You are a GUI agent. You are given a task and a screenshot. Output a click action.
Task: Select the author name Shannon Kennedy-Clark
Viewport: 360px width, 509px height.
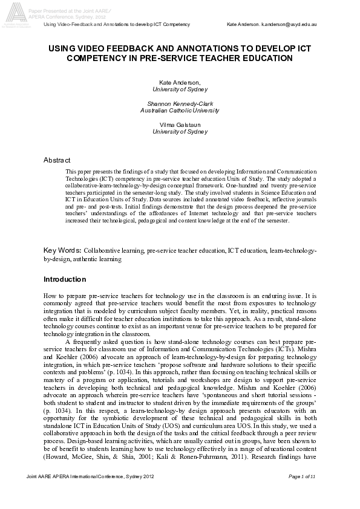tap(180, 104)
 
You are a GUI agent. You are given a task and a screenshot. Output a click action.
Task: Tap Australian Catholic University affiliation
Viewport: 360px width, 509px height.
tap(180, 111)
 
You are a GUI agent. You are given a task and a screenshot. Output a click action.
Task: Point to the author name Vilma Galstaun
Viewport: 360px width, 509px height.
tap(180, 125)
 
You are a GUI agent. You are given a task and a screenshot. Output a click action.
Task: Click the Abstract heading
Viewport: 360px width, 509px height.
tap(57, 160)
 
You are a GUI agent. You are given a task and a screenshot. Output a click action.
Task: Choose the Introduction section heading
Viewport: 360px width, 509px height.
tap(65, 279)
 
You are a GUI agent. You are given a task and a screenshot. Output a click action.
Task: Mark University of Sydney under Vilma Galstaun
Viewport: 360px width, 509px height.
tap(180, 131)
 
